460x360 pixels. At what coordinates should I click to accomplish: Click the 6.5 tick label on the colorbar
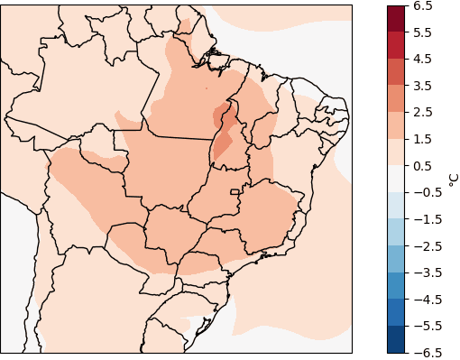click(424, 5)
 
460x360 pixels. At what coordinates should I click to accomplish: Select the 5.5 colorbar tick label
click(424, 32)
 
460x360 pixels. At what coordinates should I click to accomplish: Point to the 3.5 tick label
click(424, 86)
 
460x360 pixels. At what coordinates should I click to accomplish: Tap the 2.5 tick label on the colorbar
click(424, 112)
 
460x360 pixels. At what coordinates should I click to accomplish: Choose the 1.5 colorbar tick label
click(424, 139)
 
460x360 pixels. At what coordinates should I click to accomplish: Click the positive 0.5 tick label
click(424, 165)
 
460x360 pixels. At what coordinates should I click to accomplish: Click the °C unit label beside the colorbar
click(453, 179)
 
